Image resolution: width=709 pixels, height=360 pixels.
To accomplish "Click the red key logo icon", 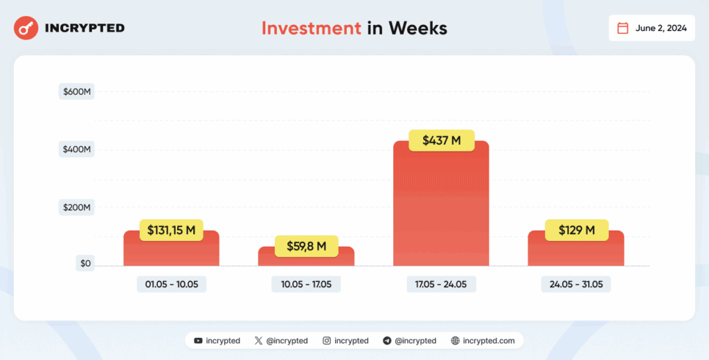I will click(x=26, y=28).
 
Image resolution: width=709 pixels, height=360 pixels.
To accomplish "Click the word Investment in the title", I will click(x=311, y=28).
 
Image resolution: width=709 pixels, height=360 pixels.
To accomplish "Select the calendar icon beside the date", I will click(x=622, y=28).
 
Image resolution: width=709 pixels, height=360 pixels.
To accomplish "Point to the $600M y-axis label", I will click(x=76, y=91).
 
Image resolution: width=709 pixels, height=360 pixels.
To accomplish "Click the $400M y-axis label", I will click(x=76, y=150).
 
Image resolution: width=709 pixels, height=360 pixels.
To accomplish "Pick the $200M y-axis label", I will click(x=76, y=207).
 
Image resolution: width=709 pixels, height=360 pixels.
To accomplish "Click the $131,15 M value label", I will click(x=171, y=230).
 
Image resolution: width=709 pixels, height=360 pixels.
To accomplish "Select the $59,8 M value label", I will click(x=305, y=246).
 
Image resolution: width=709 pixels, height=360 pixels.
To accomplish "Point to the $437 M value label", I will click(x=440, y=141).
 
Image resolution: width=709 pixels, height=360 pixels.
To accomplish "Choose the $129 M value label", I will click(x=575, y=230).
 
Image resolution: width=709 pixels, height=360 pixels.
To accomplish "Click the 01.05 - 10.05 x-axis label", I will click(x=171, y=285).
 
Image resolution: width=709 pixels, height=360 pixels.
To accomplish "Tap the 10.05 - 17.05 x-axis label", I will click(x=305, y=285).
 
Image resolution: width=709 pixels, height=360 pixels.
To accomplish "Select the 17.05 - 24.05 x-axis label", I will click(x=440, y=285).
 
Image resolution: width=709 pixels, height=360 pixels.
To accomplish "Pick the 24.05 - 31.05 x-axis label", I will click(x=575, y=285).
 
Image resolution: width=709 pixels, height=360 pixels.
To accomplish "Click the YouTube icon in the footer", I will click(x=199, y=341).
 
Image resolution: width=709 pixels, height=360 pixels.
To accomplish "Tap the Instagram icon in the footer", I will click(x=327, y=341).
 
